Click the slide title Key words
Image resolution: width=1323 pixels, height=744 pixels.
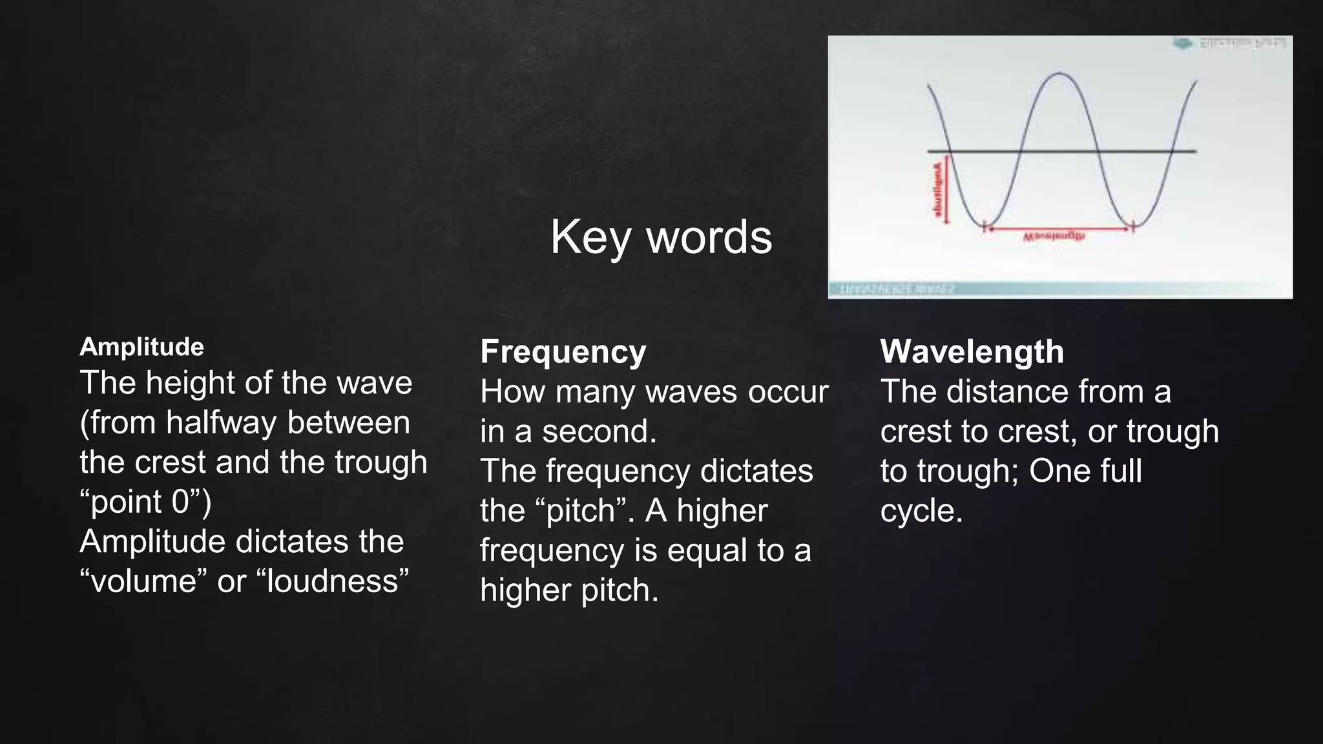click(661, 237)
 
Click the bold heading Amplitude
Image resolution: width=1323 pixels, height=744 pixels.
click(141, 347)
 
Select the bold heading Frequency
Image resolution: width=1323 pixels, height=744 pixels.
click(563, 353)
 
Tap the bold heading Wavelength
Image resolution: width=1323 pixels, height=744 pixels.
click(972, 353)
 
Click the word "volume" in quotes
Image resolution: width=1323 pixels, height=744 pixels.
click(144, 581)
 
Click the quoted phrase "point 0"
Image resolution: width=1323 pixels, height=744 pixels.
click(145, 502)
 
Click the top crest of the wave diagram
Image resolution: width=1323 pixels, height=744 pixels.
click(1059, 74)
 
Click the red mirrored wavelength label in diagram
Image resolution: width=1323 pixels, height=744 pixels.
click(1054, 237)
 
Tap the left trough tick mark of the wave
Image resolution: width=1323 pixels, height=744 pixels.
click(984, 227)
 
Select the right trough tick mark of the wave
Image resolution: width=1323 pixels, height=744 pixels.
click(1133, 227)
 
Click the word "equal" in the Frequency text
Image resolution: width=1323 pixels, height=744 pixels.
click(707, 551)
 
